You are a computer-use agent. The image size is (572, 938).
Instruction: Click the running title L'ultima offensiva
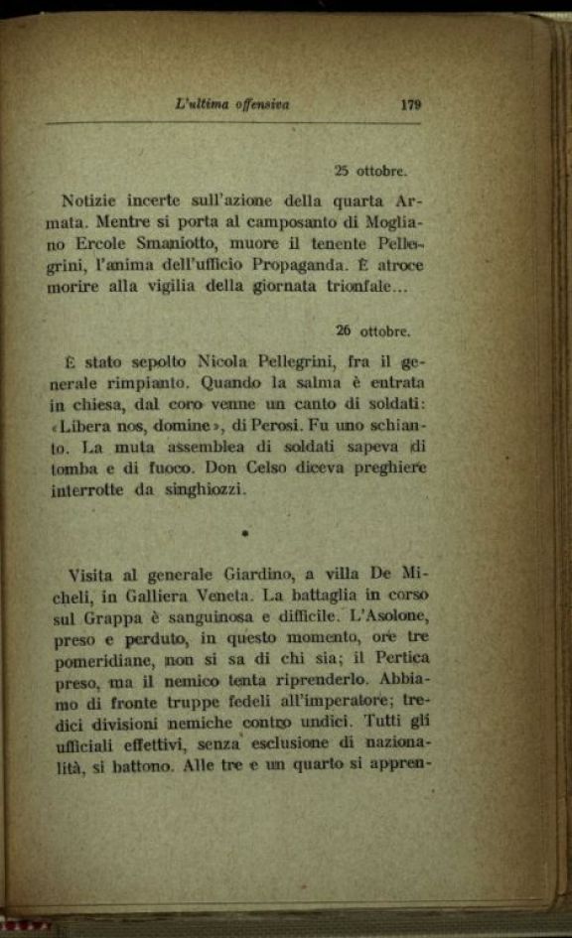230,102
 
